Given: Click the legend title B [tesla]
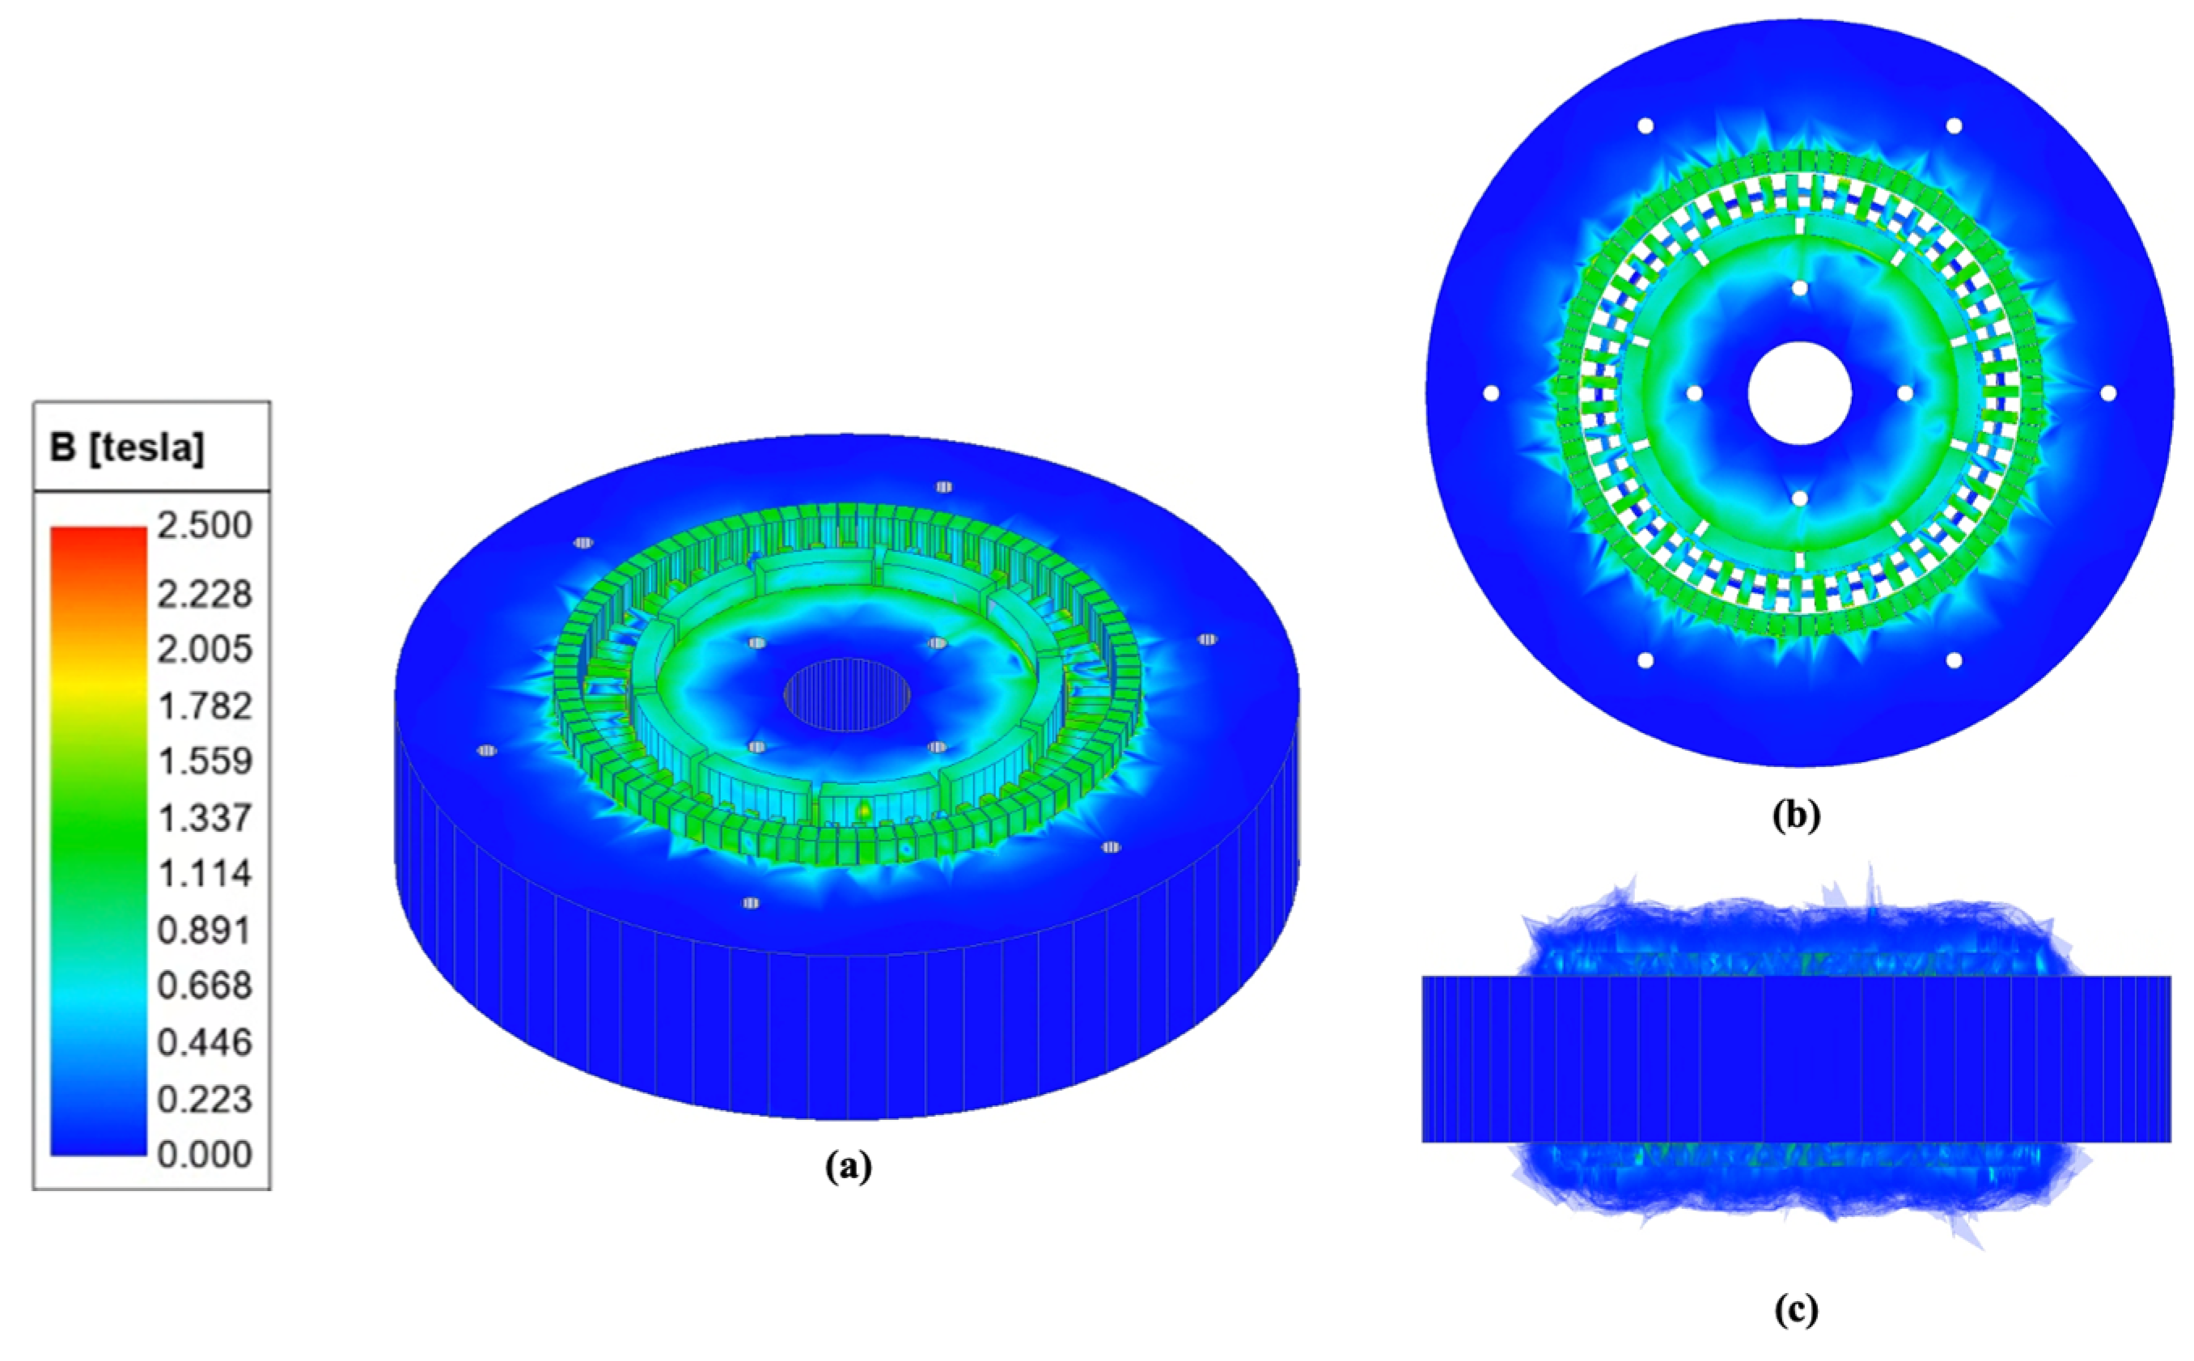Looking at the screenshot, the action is coord(127,447).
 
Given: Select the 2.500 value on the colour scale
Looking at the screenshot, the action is coord(205,526).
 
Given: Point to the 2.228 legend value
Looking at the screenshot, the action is coord(205,594).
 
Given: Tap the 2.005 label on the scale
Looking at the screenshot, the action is coord(205,649).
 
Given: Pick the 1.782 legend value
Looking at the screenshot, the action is coord(205,706).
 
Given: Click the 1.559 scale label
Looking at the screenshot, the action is coord(205,761).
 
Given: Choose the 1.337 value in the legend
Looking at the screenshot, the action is coord(205,818).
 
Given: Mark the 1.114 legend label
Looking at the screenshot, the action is coord(205,873).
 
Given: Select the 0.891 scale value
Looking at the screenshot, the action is coord(205,930).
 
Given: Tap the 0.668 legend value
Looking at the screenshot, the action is coord(205,986).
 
